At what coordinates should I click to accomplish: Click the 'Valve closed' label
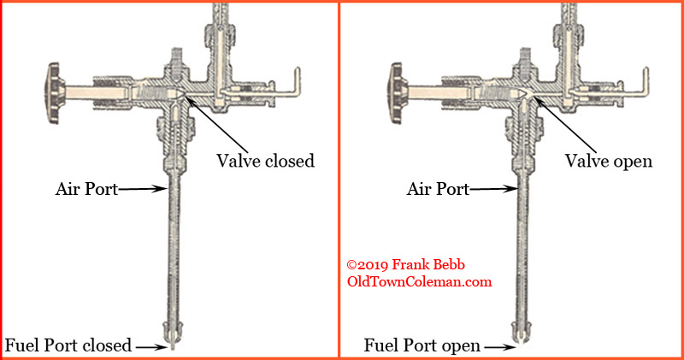(265, 161)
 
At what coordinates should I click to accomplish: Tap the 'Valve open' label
(609, 162)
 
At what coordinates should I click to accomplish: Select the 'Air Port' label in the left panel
(86, 189)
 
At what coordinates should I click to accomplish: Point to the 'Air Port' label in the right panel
(438, 189)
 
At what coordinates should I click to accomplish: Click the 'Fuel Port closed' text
(68, 345)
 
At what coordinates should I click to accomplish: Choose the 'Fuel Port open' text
(422, 345)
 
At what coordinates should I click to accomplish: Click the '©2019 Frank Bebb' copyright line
(405, 264)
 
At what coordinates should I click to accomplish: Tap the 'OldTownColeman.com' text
(419, 281)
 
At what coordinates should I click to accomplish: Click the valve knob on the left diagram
(55, 93)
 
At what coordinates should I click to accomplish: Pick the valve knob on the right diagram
(398, 93)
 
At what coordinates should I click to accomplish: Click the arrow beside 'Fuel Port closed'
(151, 347)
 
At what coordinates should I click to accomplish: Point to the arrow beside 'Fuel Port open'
(500, 347)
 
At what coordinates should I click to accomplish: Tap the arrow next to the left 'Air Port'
(143, 189)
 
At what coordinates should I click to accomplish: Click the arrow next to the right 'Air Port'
(493, 189)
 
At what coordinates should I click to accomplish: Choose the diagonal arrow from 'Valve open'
(564, 124)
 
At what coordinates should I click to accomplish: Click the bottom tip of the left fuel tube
(173, 349)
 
